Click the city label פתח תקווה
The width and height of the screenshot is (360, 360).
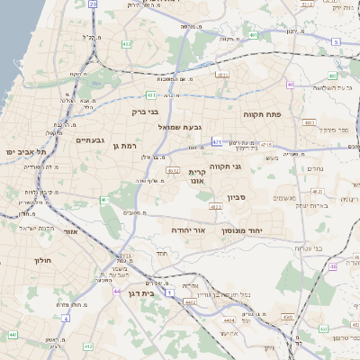[263, 115]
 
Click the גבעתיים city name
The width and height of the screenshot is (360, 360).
[91, 139]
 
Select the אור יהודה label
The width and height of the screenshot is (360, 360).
[189, 230]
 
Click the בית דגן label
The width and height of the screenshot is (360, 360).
[162, 292]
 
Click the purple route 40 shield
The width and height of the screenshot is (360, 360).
[291, 85]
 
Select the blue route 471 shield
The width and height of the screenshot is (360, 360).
[217, 141]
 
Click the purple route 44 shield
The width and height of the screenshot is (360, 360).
[116, 292]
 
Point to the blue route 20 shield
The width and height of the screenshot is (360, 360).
[94, 4]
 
